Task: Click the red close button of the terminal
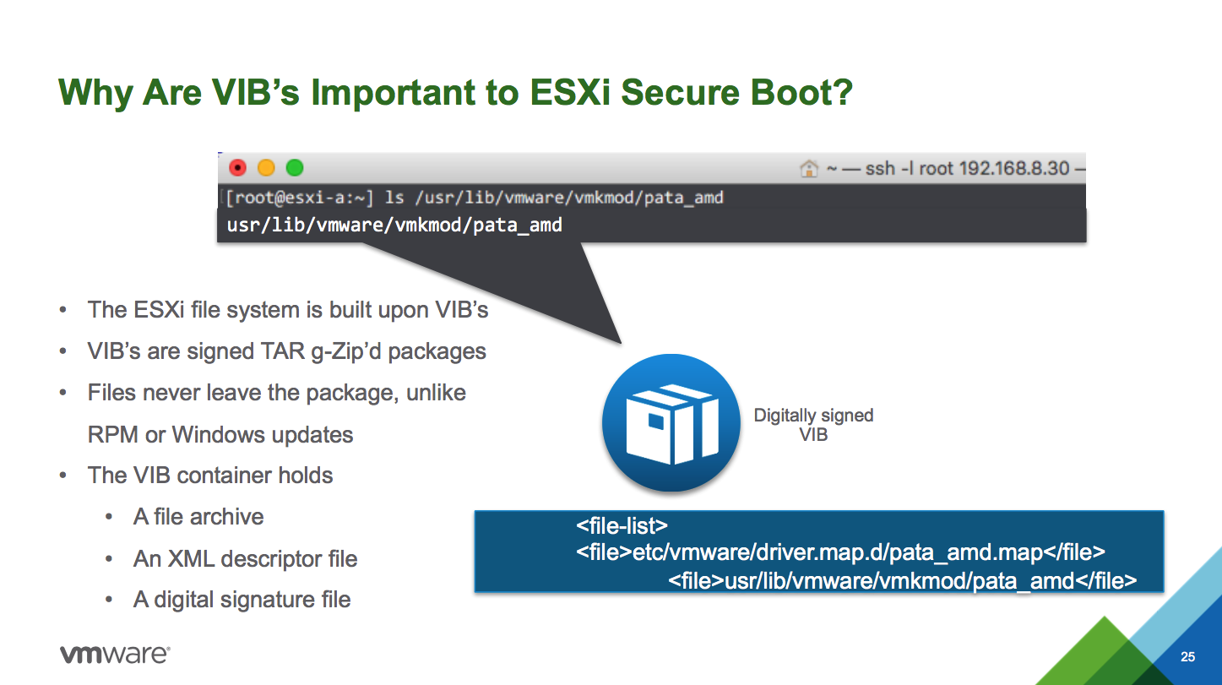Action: [x=238, y=167]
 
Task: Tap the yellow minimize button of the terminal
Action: [x=266, y=167]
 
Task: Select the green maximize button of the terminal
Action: [x=295, y=167]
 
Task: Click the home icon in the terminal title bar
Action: [x=809, y=169]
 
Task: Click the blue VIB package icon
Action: [x=671, y=423]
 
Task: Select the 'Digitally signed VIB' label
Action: [x=813, y=425]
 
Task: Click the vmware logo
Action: [x=115, y=654]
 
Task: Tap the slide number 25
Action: [x=1187, y=656]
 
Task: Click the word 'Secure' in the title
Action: [x=681, y=92]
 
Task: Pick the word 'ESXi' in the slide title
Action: [x=570, y=92]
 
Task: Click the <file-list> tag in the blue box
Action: [x=622, y=525]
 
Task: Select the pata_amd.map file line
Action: [x=840, y=552]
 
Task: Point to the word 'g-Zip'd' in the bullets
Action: [x=346, y=352]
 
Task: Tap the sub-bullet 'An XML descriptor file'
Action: [x=246, y=558]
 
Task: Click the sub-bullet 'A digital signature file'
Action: [x=242, y=600]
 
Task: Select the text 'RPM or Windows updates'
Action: [x=220, y=434]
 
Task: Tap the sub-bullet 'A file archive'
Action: [x=198, y=516]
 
